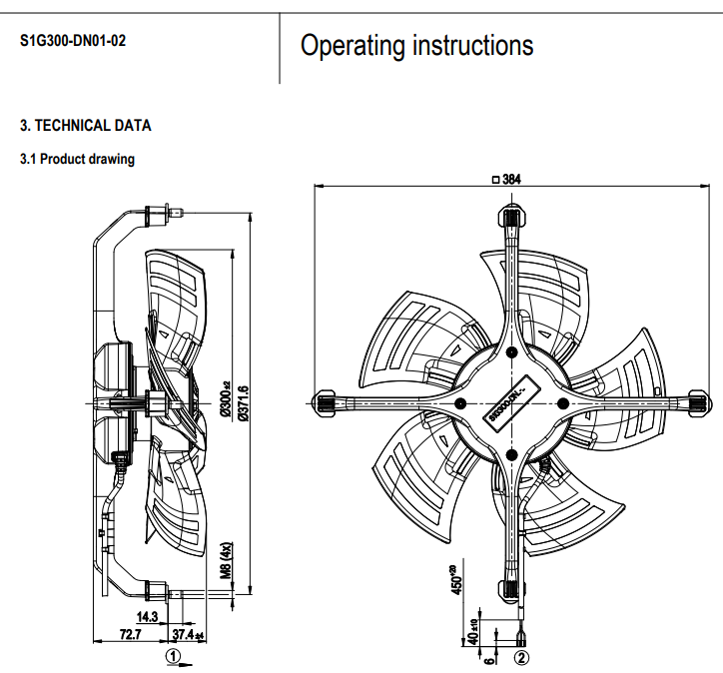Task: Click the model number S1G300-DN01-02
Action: coord(73,43)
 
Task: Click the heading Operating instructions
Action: coord(416,46)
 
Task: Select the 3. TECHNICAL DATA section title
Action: coord(86,126)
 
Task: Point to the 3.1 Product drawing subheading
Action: coord(77,159)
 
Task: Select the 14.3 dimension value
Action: coord(147,617)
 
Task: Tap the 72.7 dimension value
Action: coord(130,635)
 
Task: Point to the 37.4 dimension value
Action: coord(187,635)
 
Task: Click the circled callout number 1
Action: coord(173,657)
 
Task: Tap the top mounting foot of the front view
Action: coord(510,216)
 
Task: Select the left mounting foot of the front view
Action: coord(327,402)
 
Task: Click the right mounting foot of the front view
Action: coord(697,402)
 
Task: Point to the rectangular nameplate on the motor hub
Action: coord(511,401)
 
